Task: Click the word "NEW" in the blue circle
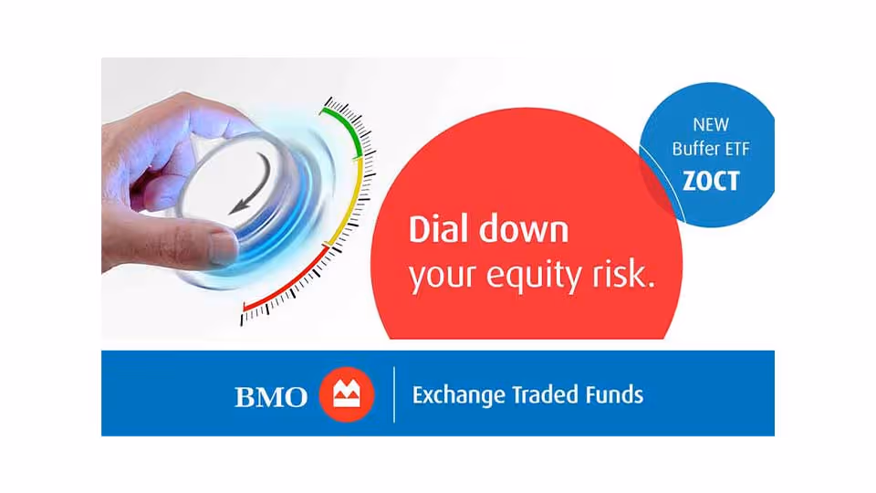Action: tap(711, 124)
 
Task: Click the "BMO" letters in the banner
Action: tap(272, 397)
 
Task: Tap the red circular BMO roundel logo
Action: tap(347, 395)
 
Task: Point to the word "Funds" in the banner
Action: tap(616, 395)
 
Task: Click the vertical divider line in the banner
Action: tap(394, 395)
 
